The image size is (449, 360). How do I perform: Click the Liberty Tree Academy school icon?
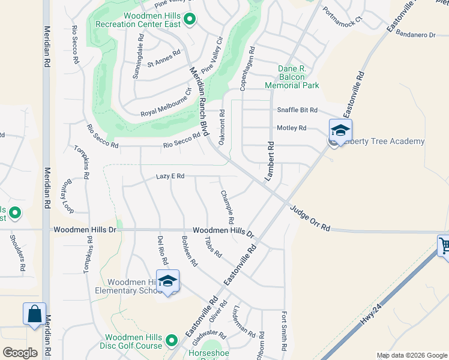(340, 130)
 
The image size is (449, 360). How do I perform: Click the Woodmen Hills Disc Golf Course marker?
(172, 341)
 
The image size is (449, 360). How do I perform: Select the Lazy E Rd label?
(170, 176)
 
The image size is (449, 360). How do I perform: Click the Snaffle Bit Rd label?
(297, 110)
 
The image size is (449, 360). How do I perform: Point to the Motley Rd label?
(291, 128)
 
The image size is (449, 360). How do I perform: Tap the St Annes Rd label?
(164, 58)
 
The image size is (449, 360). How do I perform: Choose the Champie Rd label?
(227, 207)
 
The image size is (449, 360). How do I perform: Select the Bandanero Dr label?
(415, 35)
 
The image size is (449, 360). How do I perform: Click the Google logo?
(20, 352)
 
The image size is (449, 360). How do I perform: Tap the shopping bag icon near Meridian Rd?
(34, 314)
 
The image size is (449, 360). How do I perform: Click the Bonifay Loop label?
(67, 196)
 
